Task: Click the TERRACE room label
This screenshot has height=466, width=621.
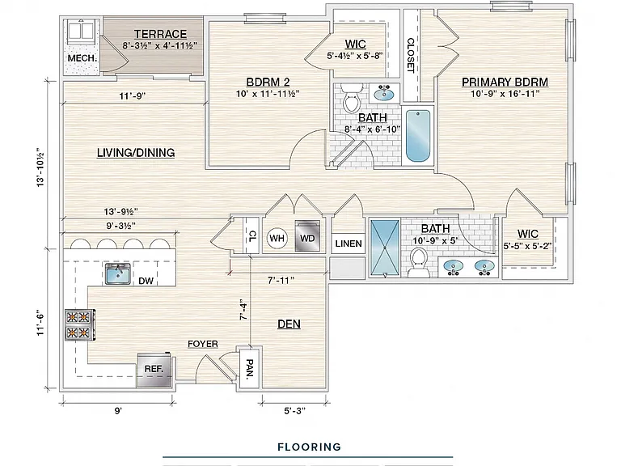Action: (x=160, y=35)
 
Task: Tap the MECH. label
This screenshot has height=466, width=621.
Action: (x=82, y=58)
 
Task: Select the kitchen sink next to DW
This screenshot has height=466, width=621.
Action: (x=118, y=273)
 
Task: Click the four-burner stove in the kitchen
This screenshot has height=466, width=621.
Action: (x=79, y=324)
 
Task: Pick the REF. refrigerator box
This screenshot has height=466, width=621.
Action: (x=154, y=369)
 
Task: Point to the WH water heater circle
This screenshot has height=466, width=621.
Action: (x=277, y=238)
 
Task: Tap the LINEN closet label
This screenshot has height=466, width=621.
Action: (x=349, y=244)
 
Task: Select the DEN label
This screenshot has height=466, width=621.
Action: (x=289, y=324)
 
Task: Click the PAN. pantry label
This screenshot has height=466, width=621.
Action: (x=250, y=369)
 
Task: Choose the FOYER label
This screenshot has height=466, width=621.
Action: (x=203, y=344)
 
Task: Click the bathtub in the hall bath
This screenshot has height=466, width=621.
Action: (x=418, y=136)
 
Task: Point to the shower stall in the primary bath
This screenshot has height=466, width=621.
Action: (x=385, y=248)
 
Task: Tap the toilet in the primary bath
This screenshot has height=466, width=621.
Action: (x=418, y=263)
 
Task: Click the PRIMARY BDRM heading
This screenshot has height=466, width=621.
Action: (x=505, y=82)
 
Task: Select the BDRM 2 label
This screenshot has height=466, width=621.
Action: (x=268, y=82)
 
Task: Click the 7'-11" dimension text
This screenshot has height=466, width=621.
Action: (x=281, y=281)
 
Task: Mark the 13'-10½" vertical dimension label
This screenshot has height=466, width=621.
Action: (x=40, y=167)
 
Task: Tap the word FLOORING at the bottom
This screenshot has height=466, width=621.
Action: (x=310, y=447)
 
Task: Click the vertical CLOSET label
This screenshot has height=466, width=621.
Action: (x=411, y=56)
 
